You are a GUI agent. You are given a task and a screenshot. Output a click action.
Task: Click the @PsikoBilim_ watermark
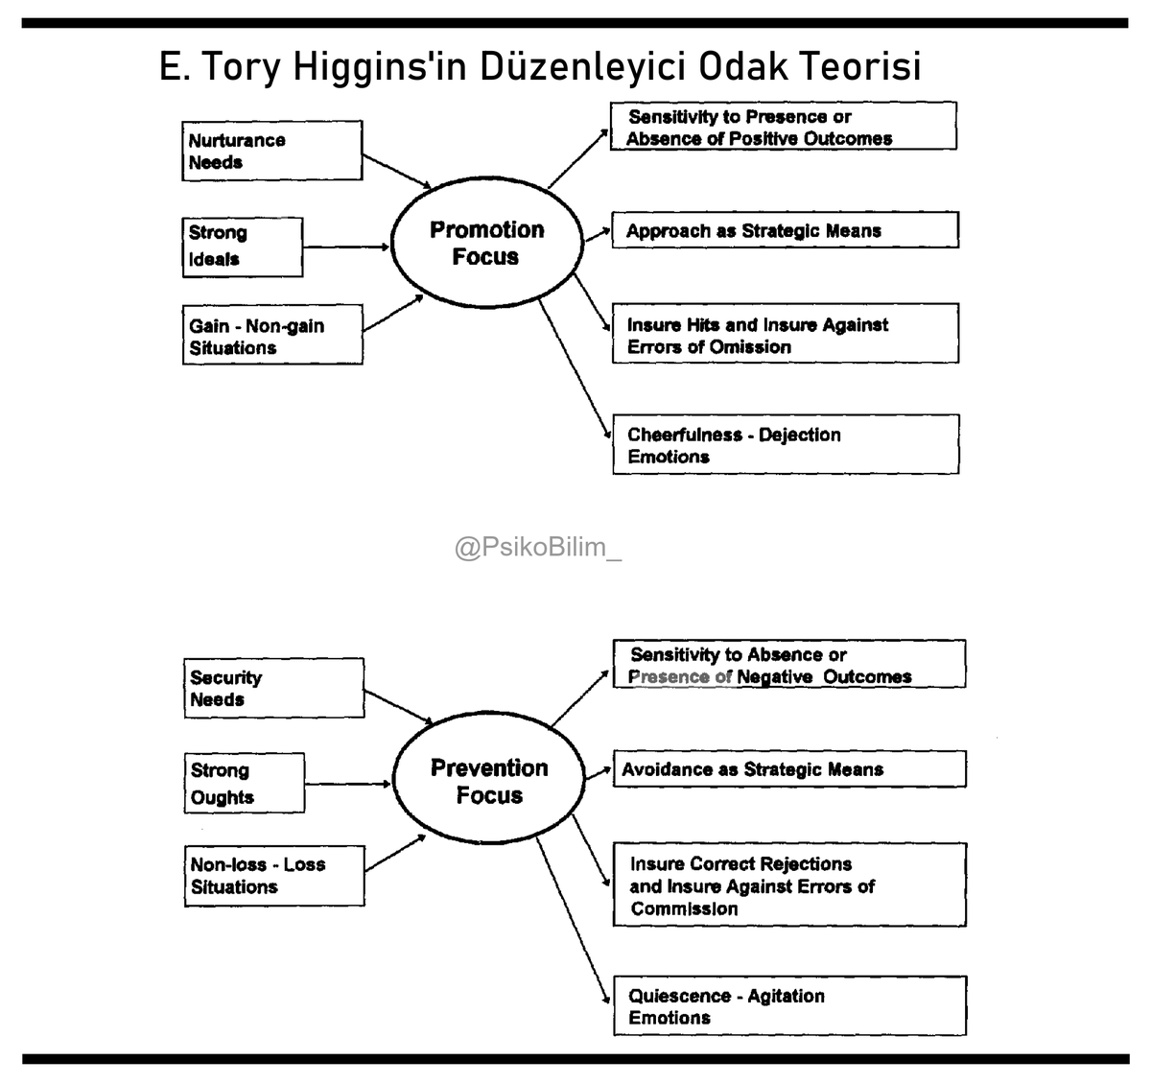tap(538, 548)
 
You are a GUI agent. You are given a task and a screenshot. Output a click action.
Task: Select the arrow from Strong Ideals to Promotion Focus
tap(346, 247)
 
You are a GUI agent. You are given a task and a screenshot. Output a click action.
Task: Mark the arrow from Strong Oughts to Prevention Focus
tap(348, 784)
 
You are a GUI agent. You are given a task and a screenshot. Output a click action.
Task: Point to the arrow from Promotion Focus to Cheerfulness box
tap(575, 368)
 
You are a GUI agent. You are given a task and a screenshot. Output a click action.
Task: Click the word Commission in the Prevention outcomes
tap(684, 908)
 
